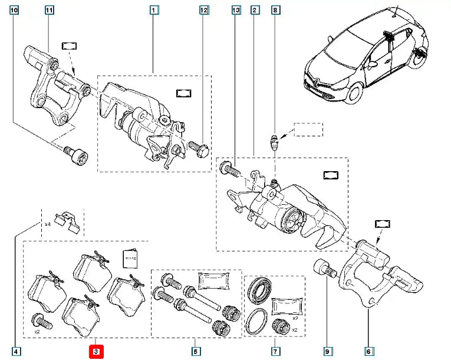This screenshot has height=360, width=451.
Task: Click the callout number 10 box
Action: coord(14,11)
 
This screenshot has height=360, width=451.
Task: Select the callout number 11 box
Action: coord(49,11)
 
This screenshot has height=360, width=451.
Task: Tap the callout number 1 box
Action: coord(153,11)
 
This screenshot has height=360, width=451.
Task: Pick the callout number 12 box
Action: coord(203,11)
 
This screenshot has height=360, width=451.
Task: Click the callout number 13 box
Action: coord(236,11)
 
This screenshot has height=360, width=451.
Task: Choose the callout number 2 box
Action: coord(254,11)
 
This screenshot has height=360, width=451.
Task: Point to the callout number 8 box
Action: coord(275,11)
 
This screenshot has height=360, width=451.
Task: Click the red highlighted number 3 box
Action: coord(96,352)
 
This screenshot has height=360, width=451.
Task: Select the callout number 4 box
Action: coord(17,352)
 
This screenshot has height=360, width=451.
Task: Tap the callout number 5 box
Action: coord(195,352)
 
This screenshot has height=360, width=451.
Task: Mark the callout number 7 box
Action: coord(275,352)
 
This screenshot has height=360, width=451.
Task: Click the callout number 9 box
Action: coord(328,352)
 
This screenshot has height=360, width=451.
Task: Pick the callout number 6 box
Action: coord(370,352)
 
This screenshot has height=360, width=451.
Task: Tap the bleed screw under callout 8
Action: coord(275,142)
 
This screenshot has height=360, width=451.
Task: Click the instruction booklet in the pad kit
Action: coord(130,258)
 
